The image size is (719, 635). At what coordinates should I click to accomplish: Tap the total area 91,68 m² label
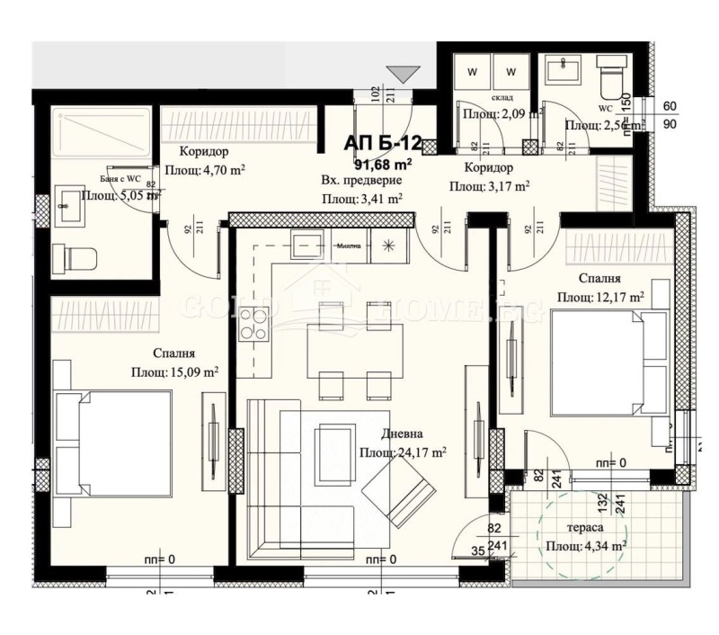[x=383, y=164]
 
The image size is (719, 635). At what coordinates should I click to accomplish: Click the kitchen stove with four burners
[x=253, y=324]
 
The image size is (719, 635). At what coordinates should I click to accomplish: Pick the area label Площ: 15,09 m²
[x=175, y=371]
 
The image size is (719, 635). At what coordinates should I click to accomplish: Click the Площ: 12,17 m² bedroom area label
[x=600, y=296]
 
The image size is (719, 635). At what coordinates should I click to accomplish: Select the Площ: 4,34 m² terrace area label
[x=585, y=545]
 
